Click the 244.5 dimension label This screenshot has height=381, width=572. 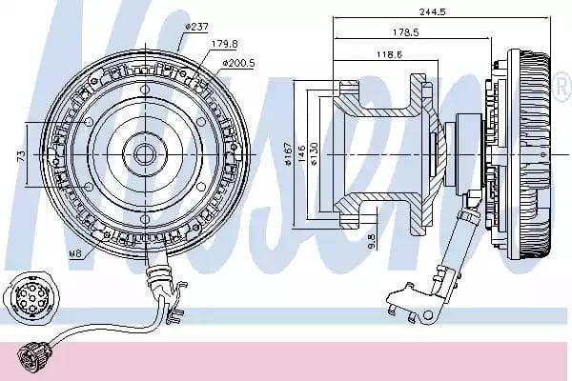click(x=432, y=11)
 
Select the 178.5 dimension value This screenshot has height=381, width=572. click(x=406, y=32)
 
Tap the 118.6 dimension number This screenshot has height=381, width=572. click(x=389, y=54)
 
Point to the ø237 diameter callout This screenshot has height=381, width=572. click(x=196, y=27)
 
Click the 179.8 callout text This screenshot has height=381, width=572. click(x=225, y=44)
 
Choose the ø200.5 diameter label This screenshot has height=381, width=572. click(x=239, y=63)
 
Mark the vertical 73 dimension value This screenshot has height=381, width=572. click(x=22, y=155)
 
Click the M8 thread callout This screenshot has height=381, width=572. click(x=75, y=253)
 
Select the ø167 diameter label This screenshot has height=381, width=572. click(x=288, y=154)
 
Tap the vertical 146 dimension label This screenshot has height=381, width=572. click(x=301, y=154)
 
